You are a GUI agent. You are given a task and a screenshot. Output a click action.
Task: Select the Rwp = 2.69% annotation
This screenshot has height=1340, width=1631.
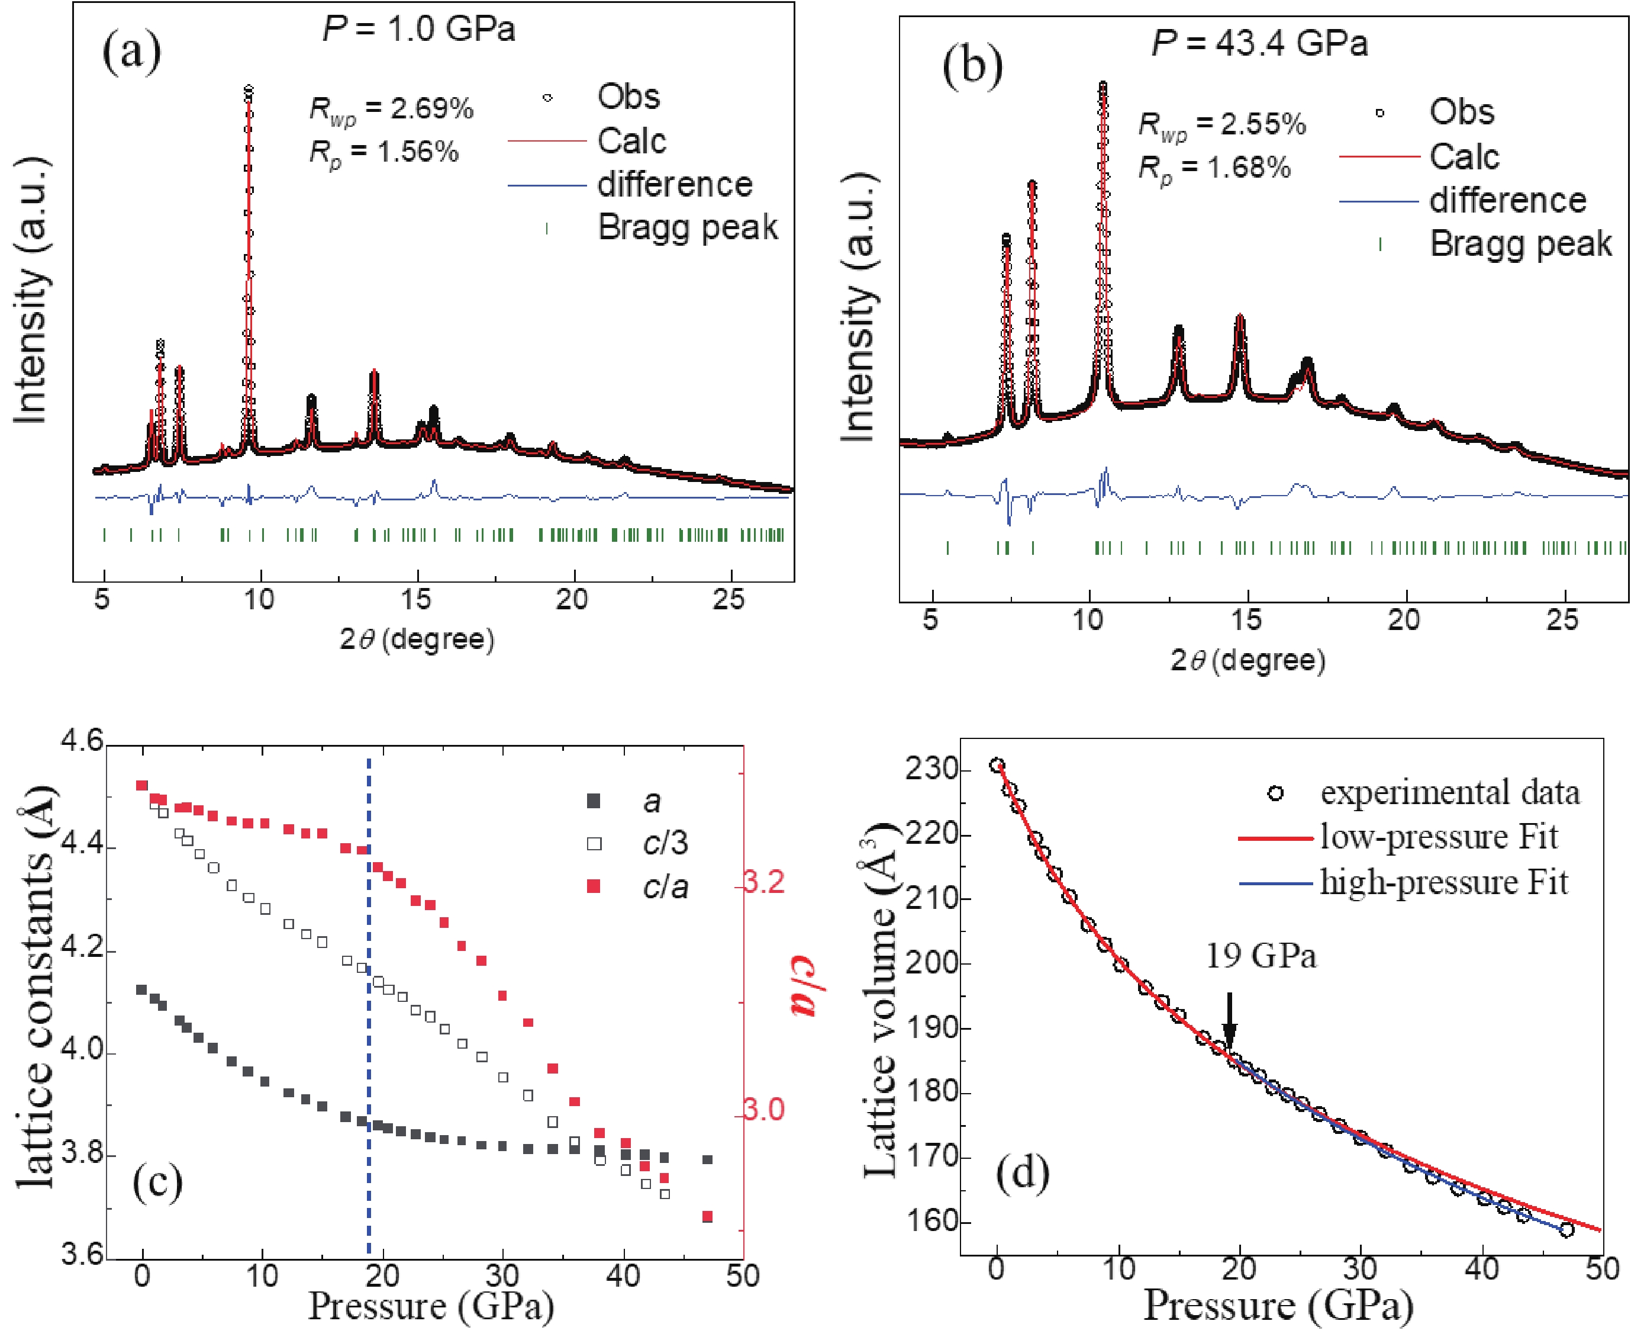(x=391, y=110)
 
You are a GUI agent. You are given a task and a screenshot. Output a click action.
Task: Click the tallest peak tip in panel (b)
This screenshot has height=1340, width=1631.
(x=1103, y=85)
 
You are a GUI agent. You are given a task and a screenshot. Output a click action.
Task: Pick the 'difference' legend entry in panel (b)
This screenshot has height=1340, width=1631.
(x=1507, y=201)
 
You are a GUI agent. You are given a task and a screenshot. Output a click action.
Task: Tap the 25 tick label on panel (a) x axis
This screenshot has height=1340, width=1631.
(x=729, y=599)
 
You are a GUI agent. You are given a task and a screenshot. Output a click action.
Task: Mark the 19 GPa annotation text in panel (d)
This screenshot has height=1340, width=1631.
(x=1261, y=956)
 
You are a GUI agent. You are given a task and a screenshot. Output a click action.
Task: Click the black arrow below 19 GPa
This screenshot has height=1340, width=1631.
(x=1230, y=1020)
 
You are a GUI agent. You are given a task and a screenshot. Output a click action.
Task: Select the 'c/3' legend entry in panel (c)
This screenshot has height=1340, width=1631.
(x=664, y=843)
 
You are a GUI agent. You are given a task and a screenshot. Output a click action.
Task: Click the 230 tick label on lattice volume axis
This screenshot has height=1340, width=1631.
(x=932, y=770)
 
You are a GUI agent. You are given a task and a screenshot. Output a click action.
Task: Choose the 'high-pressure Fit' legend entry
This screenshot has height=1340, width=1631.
(x=1443, y=882)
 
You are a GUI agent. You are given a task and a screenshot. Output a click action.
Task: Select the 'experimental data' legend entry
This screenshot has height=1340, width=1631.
(x=1449, y=793)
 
